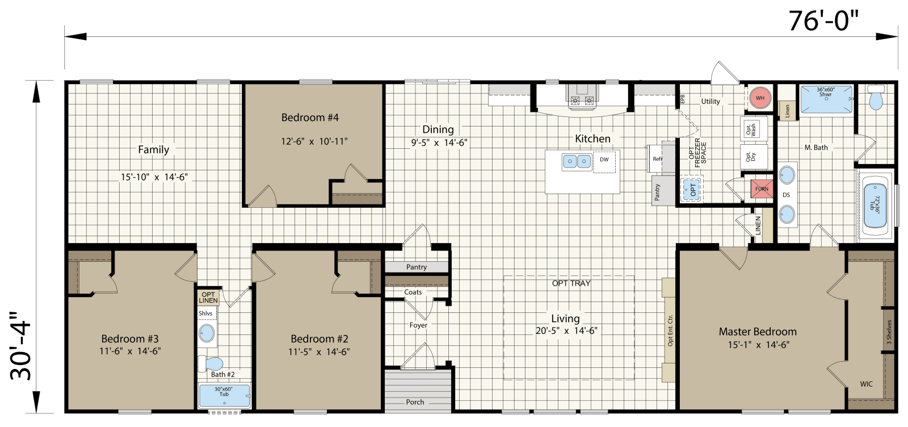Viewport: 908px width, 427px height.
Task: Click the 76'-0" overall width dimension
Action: coord(823,22)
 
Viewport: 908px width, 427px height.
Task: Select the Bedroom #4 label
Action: coord(310,118)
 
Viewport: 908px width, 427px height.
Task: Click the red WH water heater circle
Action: coord(760,98)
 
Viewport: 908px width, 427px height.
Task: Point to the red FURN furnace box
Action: coord(762,189)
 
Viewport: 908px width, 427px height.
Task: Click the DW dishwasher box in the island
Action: coord(604,161)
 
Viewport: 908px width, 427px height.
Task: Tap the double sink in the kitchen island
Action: coord(577,162)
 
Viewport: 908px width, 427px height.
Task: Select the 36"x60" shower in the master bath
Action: coord(826,100)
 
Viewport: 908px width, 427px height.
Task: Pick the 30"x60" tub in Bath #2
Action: coord(224,396)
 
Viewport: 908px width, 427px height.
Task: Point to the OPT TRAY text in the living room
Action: coord(571,283)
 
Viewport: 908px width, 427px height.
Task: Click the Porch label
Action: coord(415,401)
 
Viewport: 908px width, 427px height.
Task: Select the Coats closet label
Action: coord(413,292)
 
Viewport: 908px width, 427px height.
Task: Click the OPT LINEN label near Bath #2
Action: coord(208,297)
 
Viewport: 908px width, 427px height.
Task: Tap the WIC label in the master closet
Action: coord(866,384)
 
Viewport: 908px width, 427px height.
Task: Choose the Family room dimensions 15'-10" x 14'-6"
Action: coord(154,177)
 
